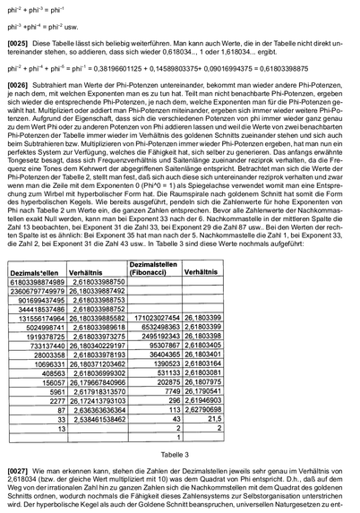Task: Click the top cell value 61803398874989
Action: click(x=42, y=256)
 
